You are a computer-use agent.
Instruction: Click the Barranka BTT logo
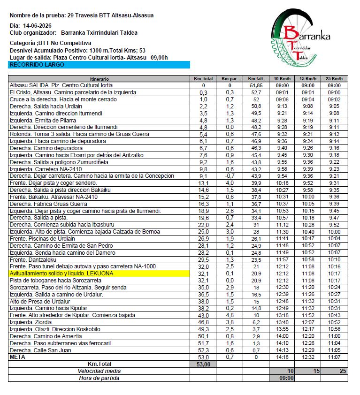(300, 41)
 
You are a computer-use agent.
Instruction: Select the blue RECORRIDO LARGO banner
(99, 65)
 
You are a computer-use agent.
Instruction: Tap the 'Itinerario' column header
(99, 79)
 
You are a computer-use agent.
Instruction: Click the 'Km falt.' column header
(256, 79)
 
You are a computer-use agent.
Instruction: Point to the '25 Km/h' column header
(335, 79)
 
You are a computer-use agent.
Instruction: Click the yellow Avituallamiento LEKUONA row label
(61, 273)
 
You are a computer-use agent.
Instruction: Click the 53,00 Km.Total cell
(203, 364)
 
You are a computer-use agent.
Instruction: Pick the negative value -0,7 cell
(230, 176)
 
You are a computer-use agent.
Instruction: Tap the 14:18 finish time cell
(282, 357)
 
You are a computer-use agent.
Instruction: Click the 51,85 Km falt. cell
(256, 86)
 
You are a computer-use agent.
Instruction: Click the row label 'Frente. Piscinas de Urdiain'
(41, 238)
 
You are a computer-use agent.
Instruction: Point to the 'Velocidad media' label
(99, 371)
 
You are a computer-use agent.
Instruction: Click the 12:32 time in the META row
(308, 357)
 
